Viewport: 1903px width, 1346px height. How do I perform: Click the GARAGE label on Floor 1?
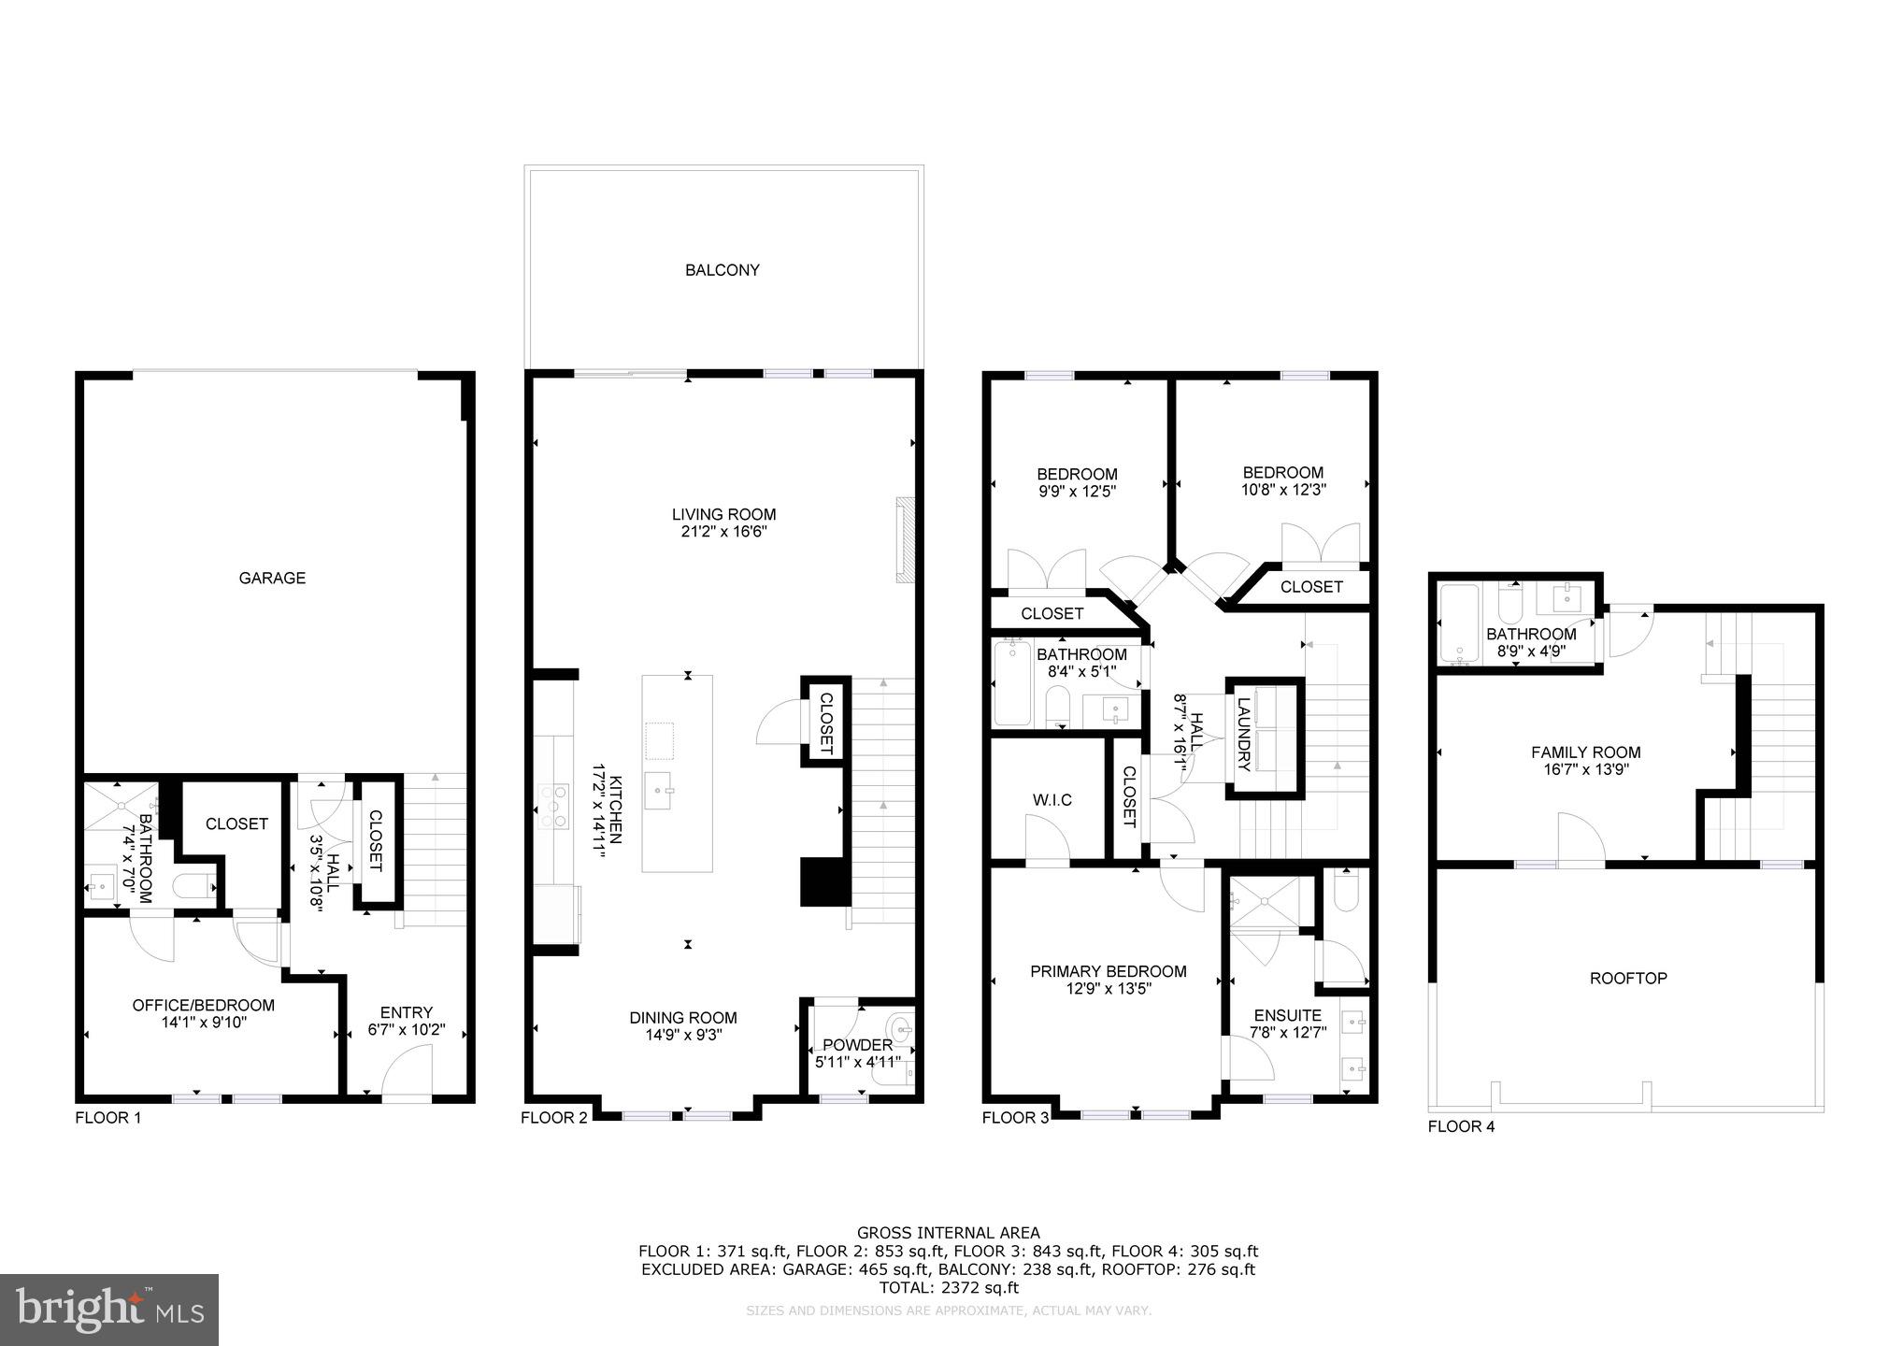[x=272, y=578]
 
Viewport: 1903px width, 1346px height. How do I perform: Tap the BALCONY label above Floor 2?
[x=722, y=270]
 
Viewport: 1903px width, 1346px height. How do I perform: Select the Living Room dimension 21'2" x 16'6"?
[x=723, y=532]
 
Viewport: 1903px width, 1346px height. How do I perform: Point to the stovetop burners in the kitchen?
[x=555, y=806]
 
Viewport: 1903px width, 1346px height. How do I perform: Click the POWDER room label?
[x=857, y=1044]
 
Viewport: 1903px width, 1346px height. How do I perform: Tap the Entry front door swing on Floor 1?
[x=408, y=1070]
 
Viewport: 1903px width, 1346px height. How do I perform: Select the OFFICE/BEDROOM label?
[x=203, y=1006]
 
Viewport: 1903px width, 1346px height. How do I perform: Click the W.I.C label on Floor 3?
[x=1052, y=800]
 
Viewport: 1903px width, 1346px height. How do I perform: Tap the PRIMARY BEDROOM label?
[x=1108, y=972]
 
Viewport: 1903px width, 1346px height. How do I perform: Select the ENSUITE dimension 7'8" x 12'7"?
[x=1287, y=1033]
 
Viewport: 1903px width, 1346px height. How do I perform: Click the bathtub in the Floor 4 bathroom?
[x=1458, y=623]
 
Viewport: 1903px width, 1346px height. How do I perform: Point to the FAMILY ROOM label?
[x=1585, y=752]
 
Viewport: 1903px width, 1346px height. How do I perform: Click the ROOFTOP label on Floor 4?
[x=1627, y=979]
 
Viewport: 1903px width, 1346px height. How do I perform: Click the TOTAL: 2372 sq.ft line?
[x=948, y=1287]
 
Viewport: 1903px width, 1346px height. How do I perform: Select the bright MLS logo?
[x=108, y=1310]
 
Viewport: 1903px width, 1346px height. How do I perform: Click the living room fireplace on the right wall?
[x=904, y=539]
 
